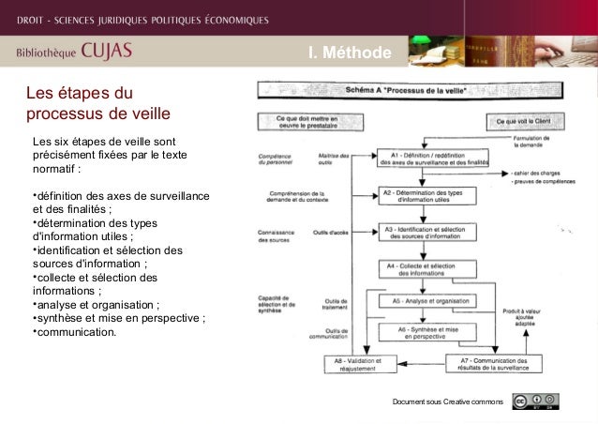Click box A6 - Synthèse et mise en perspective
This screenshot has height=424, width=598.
click(427, 331)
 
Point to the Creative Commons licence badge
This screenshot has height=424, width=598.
click(535, 401)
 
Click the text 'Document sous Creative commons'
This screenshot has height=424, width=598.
click(448, 402)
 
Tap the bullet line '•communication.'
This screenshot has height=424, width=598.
click(75, 330)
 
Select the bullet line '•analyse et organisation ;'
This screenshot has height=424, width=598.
click(96, 304)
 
